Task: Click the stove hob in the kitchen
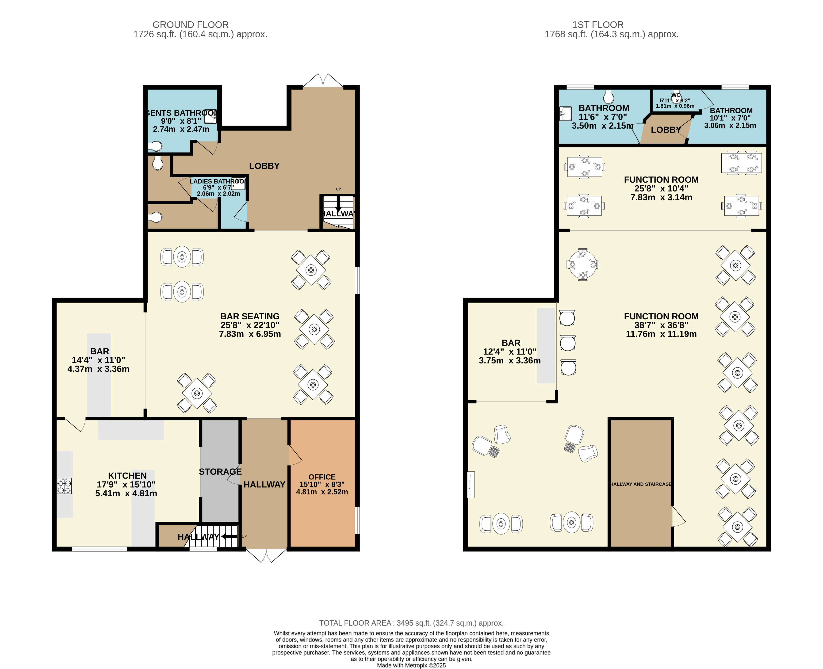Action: [64, 486]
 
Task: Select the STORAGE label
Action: [220, 472]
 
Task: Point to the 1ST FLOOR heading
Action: [598, 25]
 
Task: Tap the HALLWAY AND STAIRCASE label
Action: [640, 484]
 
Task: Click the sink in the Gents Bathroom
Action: [210, 116]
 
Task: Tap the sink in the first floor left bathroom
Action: [565, 113]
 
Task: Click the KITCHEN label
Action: [127, 476]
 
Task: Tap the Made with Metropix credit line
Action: [411, 665]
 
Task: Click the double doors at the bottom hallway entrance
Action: [266, 556]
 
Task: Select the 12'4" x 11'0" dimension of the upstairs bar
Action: [509, 352]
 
